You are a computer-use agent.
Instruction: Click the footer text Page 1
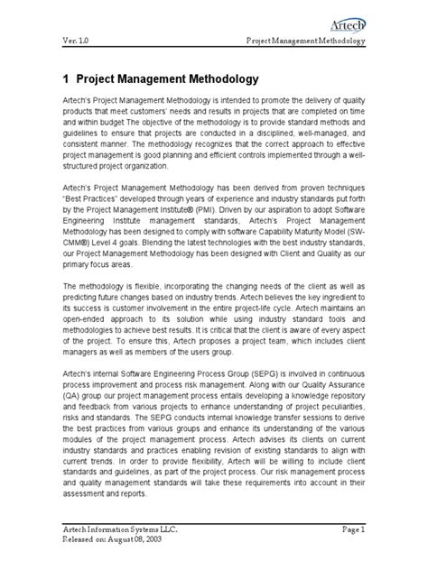[373, 534]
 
